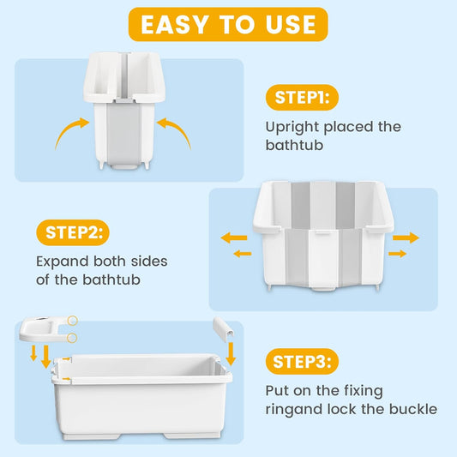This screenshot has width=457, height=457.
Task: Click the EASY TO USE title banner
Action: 228,24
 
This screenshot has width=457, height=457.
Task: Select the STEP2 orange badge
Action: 72,232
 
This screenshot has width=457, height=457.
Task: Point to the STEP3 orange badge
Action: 302,361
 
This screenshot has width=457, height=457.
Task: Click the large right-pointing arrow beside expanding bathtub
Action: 406,238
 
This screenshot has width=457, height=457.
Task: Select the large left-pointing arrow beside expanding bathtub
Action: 232,238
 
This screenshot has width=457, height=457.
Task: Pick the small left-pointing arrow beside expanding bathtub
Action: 243,254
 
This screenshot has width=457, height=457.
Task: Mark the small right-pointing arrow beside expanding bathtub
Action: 396,254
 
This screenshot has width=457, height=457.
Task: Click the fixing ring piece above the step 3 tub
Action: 46,328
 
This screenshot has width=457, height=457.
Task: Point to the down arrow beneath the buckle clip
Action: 231,352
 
